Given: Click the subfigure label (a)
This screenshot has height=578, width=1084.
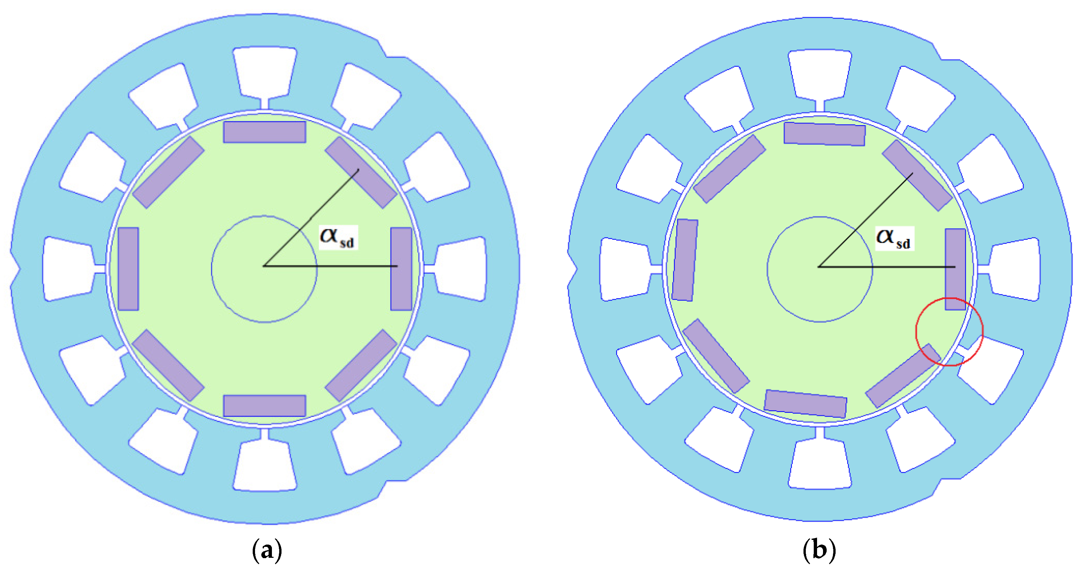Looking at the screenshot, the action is coord(266,550).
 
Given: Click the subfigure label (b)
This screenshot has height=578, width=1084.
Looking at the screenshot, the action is coord(819,550).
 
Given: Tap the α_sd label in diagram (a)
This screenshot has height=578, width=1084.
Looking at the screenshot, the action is coord(337,237).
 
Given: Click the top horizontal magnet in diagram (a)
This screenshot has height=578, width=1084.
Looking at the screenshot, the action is coord(264,132).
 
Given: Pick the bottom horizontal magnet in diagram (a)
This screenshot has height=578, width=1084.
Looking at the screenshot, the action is coord(264,406).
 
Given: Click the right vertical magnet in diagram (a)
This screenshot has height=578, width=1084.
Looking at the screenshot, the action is coord(401,269).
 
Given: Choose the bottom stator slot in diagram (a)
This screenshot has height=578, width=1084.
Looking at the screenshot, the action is coord(265,465).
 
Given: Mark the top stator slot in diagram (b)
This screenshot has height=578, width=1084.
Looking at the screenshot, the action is coord(820,75).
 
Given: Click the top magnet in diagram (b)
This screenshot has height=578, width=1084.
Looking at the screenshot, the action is coord(824,134).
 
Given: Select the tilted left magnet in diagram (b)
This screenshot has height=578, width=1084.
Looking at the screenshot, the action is coord(685,260).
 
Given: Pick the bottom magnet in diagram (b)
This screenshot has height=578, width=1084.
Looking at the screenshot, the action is coord(805,404).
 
